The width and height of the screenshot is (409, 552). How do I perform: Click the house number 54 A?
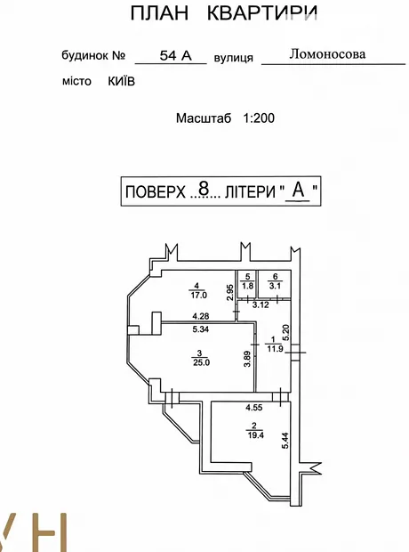click(x=175, y=55)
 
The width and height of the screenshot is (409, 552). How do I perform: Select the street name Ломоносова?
click(x=327, y=53)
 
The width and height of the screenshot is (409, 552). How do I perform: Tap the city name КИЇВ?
click(x=121, y=81)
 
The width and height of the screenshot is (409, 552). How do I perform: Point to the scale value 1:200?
click(x=259, y=118)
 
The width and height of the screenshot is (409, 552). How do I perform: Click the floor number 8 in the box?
click(x=204, y=189)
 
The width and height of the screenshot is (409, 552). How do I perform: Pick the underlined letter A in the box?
click(x=298, y=190)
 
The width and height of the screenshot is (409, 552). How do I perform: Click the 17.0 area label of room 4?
click(x=198, y=295)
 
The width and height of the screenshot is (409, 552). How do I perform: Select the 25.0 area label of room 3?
click(x=201, y=362)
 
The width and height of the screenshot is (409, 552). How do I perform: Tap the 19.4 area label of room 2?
click(x=256, y=435)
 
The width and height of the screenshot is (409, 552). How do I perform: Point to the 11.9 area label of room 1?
click(x=275, y=349)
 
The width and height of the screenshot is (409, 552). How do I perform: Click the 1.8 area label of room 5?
click(x=247, y=286)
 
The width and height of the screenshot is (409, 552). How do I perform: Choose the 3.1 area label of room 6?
click(x=275, y=286)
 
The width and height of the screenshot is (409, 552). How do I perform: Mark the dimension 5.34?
click(x=201, y=329)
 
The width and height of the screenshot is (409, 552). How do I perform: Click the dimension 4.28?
click(x=201, y=316)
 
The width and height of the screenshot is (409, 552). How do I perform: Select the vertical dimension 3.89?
click(x=247, y=359)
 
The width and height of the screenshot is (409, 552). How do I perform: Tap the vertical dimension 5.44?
click(x=285, y=441)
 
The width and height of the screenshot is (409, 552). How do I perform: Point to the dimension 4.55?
click(x=254, y=408)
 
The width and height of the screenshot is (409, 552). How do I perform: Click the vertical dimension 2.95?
click(x=229, y=292)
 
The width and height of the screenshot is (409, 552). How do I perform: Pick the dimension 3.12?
click(x=261, y=304)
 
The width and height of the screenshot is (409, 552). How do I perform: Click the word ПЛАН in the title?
click(x=160, y=13)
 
